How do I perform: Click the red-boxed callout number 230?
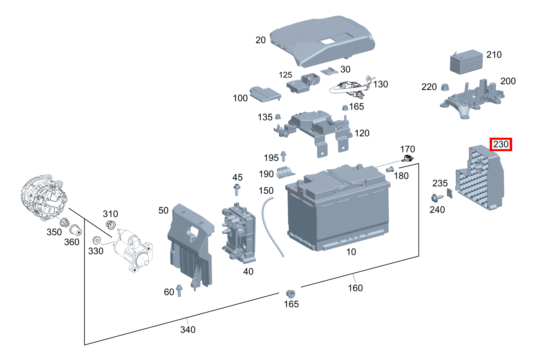point(501,144)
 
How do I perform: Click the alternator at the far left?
point(43,198)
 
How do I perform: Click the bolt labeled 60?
point(179,290)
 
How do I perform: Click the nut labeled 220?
point(445,87)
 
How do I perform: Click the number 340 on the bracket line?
point(188,329)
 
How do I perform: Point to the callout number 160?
point(355,288)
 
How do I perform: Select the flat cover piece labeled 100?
point(265,94)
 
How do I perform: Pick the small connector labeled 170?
point(408,159)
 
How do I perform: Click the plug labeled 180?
point(390,169)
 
